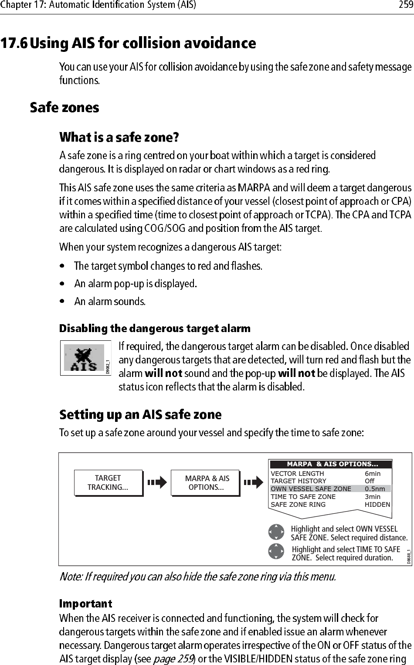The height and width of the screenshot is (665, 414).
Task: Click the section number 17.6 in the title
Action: coord(14,43)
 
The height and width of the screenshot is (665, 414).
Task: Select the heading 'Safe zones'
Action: coord(64,108)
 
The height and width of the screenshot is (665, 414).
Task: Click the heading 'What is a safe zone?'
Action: coord(119,138)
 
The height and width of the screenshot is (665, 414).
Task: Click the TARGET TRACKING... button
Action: coord(108,483)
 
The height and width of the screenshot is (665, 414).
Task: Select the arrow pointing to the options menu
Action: coord(253,482)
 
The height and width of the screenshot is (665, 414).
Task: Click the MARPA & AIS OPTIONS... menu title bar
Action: coord(332,464)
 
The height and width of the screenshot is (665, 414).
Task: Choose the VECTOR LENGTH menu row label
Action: coord(297,474)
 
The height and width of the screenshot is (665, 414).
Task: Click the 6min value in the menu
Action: coord(373,474)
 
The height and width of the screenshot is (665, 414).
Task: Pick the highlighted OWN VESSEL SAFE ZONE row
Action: coord(311,489)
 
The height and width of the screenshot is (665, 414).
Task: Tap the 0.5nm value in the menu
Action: coord(375,489)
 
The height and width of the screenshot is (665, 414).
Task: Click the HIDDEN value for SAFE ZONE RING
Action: coord(377,505)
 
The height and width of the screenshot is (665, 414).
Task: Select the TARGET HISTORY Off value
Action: coord(370,481)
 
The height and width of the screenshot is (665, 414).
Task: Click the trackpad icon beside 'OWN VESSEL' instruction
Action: coord(276,532)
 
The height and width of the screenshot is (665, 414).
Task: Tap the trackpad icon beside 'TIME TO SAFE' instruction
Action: coord(276,551)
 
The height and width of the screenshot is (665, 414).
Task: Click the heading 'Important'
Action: coord(86,604)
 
